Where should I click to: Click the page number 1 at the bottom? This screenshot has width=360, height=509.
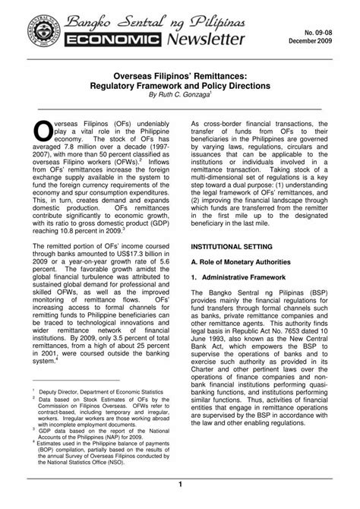[179, 485]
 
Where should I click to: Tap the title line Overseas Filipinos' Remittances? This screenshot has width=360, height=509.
[179, 77]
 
